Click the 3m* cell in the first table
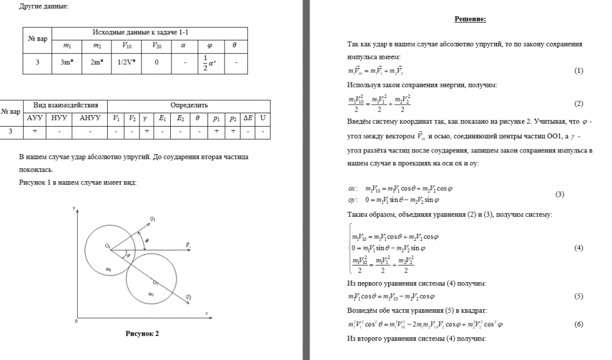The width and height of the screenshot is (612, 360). coord(67,62)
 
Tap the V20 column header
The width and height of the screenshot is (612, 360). coord(157,45)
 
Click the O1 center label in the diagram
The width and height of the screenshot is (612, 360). coord(107,246)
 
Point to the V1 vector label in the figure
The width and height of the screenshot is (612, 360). coord(152,219)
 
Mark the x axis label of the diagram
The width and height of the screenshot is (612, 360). coord(207,313)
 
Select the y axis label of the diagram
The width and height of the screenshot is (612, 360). coord(74,209)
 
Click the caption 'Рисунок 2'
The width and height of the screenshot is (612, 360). coord(143,334)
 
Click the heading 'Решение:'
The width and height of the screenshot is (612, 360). coord(470,19)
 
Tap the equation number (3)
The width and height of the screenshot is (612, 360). coord(559,194)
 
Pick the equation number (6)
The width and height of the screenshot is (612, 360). coord(578,324)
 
